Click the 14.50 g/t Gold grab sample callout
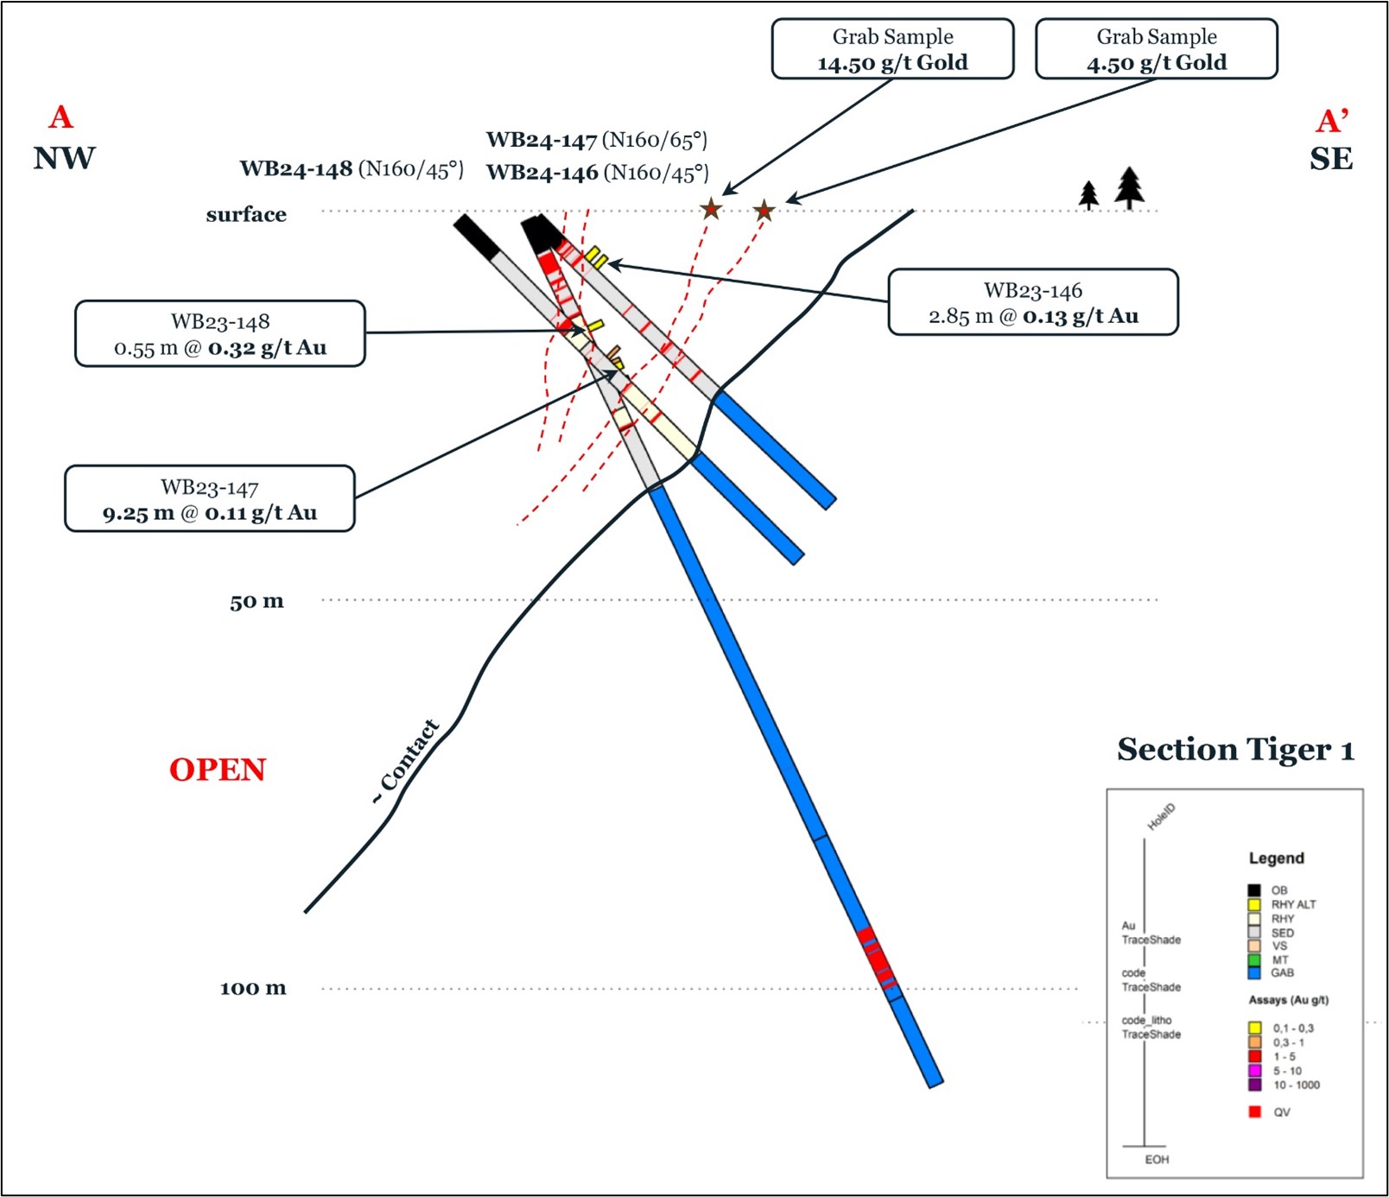[x=892, y=49]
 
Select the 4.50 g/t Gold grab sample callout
[x=1156, y=49]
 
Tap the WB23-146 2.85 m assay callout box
[x=1032, y=302]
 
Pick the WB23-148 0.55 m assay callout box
[x=220, y=334]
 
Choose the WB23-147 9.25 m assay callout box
[x=210, y=499]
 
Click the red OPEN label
[x=218, y=769]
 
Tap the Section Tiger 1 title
[x=1235, y=750]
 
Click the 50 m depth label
[x=257, y=601]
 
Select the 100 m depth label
[x=253, y=988]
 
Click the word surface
[x=246, y=214]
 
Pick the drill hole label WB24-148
[x=295, y=168]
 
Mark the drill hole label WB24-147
[x=542, y=140]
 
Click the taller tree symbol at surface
[x=1129, y=187]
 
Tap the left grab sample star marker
[x=711, y=209]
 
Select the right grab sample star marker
[x=764, y=211]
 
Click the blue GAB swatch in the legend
[x=1254, y=973]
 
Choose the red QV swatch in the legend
[x=1255, y=1111]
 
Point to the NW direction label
[x=64, y=159]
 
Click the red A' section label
[x=1332, y=121]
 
